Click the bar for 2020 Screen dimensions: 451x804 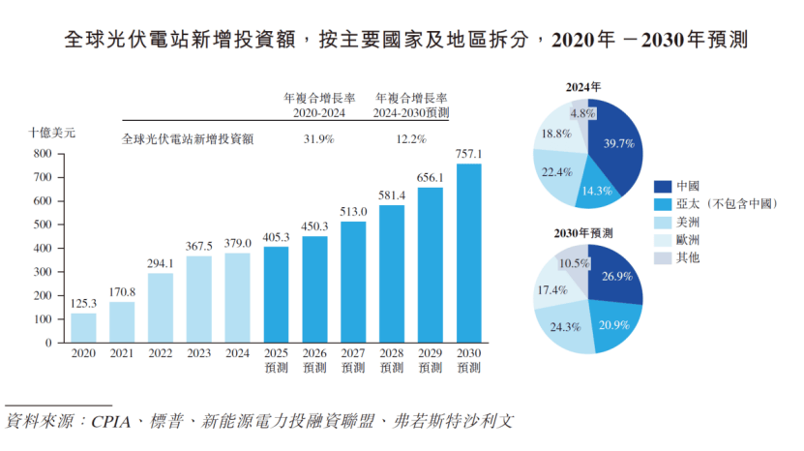pyautogui.click(x=83, y=327)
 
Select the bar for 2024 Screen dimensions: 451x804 pyautogui.click(x=238, y=297)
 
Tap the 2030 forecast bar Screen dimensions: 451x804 pyautogui.click(x=468, y=253)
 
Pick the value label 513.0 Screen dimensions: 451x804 pyautogui.click(x=354, y=212)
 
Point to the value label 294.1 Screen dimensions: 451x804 pyautogui.click(x=161, y=263)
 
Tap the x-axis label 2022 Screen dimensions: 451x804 pyautogui.click(x=161, y=355)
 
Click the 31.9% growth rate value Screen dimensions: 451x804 pyautogui.click(x=318, y=139)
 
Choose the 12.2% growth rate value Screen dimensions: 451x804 pyautogui.click(x=411, y=139)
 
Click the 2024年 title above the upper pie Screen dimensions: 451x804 pyautogui.click(x=583, y=87)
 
